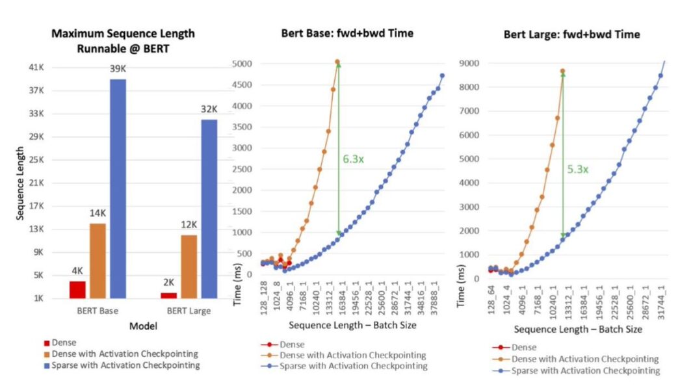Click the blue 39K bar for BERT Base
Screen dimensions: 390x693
pyautogui.click(x=118, y=188)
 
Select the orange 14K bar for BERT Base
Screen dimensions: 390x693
pyautogui.click(x=98, y=261)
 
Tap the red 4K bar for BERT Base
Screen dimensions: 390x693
pyautogui.click(x=77, y=289)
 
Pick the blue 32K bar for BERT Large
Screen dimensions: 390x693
pyautogui.click(x=209, y=209)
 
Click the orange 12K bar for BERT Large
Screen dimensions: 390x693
pyautogui.click(x=189, y=266)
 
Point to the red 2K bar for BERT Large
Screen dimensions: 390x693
pyautogui.click(x=168, y=296)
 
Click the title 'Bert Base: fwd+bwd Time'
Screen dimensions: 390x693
pyautogui.click(x=346, y=33)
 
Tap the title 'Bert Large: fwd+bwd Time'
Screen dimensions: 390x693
pyautogui.click(x=571, y=34)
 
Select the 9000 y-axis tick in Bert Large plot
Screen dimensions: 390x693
pyautogui.click(x=470, y=63)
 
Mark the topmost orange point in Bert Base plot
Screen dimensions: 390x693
pyautogui.click(x=337, y=62)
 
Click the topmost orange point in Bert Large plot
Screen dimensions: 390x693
pyautogui.click(x=562, y=71)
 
